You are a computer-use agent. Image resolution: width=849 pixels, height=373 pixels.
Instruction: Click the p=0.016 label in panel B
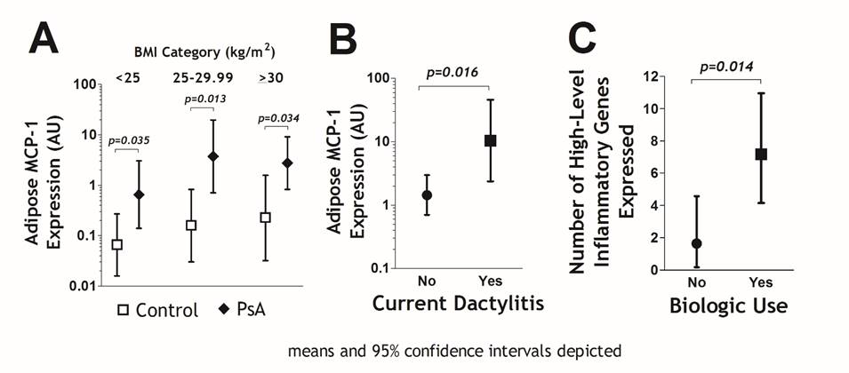(453, 72)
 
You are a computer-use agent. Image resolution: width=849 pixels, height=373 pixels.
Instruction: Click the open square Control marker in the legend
(125, 310)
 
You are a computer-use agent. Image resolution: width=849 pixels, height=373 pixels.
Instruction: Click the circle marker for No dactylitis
(427, 194)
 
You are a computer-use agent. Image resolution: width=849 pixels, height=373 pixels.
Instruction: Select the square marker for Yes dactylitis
(489, 140)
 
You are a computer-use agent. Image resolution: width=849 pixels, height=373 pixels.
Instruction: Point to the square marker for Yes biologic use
(760, 154)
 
